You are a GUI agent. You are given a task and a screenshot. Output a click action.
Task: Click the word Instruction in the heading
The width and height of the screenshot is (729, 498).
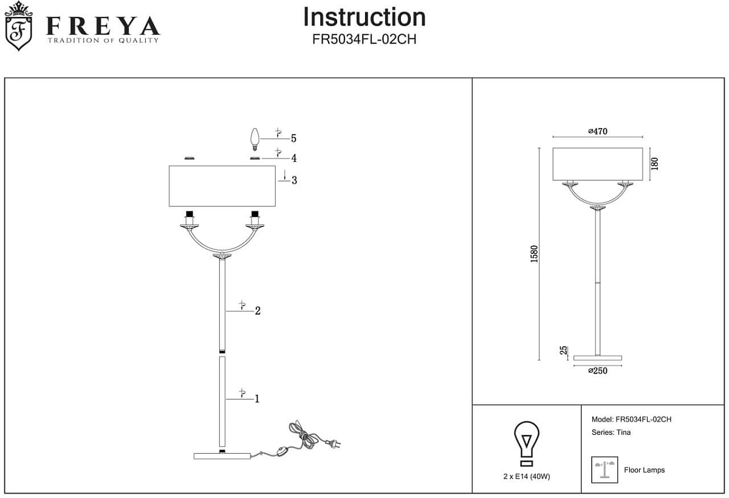pyautogui.click(x=364, y=17)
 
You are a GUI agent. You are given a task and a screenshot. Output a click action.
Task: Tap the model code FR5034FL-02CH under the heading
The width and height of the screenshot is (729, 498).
pyautogui.click(x=364, y=39)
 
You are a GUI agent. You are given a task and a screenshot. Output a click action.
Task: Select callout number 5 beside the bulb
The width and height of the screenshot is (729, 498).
pyautogui.click(x=293, y=138)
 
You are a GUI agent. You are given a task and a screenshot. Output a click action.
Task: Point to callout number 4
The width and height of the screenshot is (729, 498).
pyautogui.click(x=293, y=159)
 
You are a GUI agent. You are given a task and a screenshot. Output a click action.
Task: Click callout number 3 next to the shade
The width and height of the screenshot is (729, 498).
pyautogui.click(x=294, y=180)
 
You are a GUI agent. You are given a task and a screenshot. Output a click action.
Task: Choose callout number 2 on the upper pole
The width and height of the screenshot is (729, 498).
pyautogui.click(x=258, y=311)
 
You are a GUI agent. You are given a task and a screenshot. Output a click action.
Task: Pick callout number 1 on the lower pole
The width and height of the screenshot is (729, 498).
pyautogui.click(x=257, y=399)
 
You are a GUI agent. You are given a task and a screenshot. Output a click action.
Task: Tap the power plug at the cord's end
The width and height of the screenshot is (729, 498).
pyautogui.click(x=332, y=443)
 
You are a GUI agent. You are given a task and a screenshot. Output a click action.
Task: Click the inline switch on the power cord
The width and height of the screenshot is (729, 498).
pyautogui.click(x=281, y=451)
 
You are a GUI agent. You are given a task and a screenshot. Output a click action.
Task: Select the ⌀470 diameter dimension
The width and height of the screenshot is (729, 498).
pyautogui.click(x=598, y=131)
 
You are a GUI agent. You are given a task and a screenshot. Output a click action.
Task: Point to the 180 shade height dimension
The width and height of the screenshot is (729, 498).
pyautogui.click(x=654, y=163)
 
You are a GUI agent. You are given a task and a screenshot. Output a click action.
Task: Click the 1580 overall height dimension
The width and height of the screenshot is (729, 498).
pyautogui.click(x=534, y=254)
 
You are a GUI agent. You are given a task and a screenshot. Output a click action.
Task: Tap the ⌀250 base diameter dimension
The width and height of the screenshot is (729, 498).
pyautogui.click(x=598, y=371)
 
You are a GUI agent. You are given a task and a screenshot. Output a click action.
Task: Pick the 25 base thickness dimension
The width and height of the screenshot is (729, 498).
pyautogui.click(x=563, y=350)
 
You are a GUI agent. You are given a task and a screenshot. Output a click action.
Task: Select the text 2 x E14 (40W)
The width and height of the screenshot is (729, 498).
pyautogui.click(x=527, y=477)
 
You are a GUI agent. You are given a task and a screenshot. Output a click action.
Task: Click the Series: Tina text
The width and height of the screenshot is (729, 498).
pyautogui.click(x=611, y=432)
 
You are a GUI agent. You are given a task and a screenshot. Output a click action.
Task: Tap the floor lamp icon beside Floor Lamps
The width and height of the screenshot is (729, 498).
pyautogui.click(x=604, y=469)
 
